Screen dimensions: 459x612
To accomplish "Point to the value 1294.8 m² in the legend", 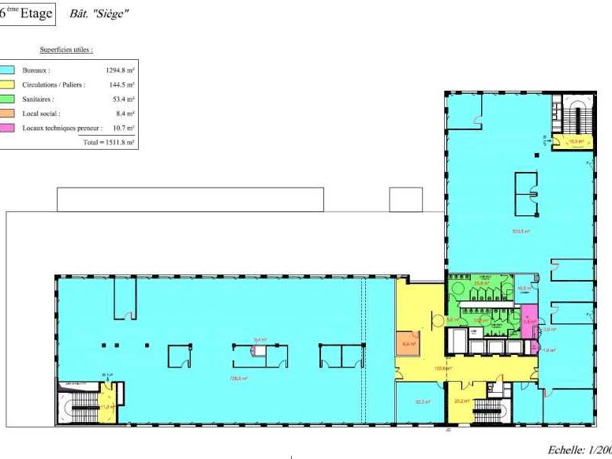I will [x=120, y=70].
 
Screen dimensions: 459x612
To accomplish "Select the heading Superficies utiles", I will [x=66, y=50].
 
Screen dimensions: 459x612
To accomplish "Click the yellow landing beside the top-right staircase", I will [x=566, y=141].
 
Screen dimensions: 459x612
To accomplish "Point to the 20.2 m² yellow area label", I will [x=461, y=401].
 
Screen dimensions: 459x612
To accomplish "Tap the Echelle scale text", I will [x=579, y=449].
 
